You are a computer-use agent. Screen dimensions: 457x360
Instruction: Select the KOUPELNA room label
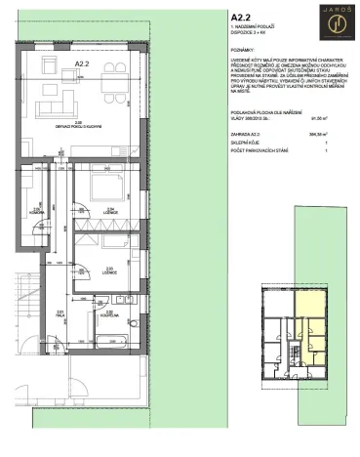110,314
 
